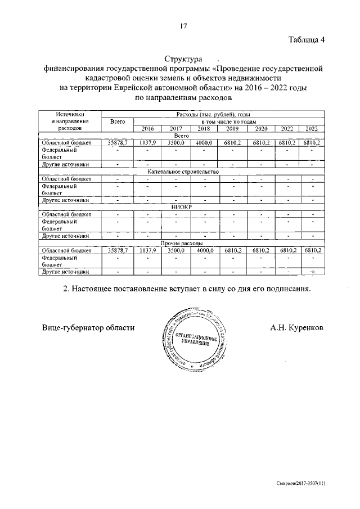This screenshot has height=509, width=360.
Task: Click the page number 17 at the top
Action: pos(183,26)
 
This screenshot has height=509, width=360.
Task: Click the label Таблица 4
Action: pos(307,39)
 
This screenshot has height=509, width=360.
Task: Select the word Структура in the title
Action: pos(183,58)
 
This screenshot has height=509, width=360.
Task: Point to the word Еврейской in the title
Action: pos(139,88)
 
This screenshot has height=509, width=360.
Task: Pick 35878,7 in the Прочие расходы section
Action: pos(118,250)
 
